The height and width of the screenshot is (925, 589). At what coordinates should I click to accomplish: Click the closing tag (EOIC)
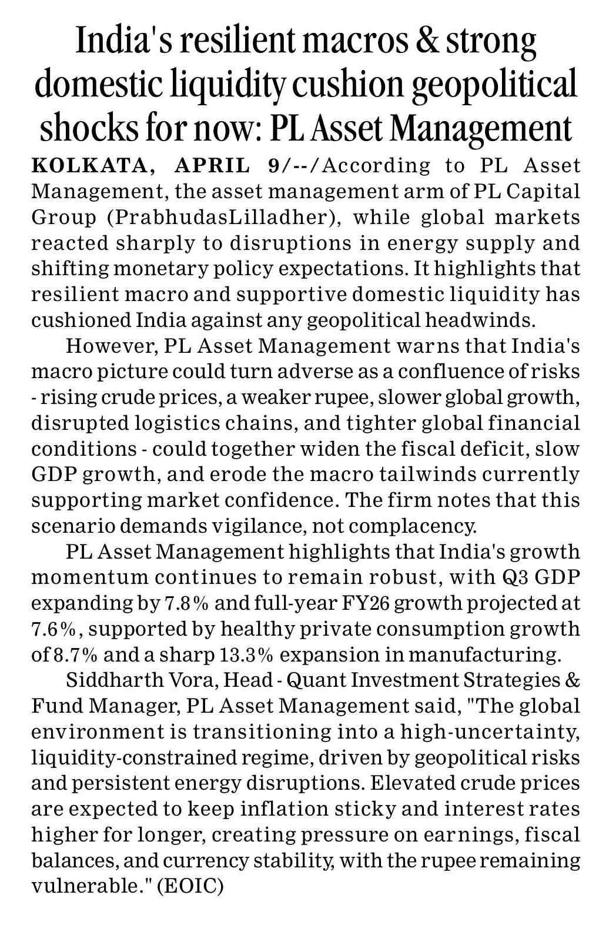coord(190,886)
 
